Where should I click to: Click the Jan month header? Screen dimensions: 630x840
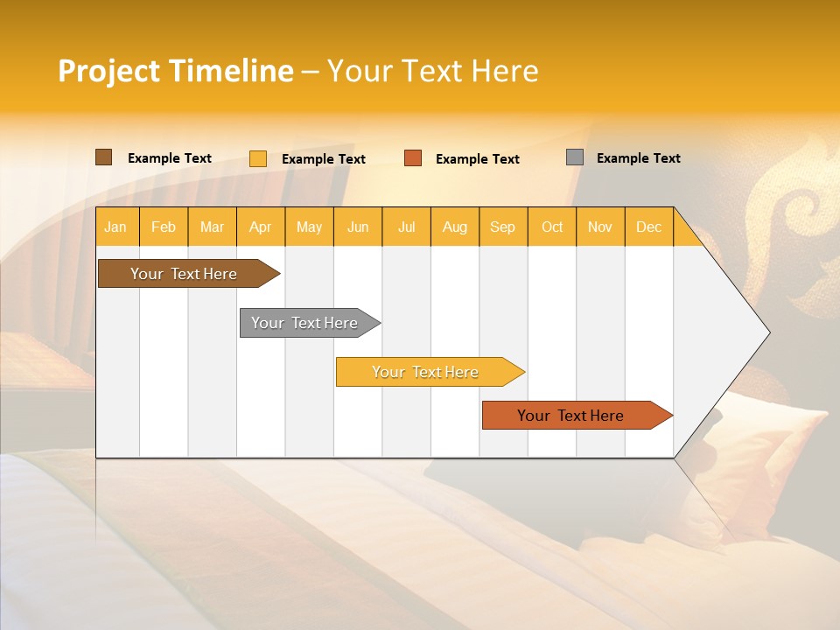tap(116, 227)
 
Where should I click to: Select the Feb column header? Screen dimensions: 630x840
tap(164, 227)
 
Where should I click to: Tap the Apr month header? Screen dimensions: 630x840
tap(261, 227)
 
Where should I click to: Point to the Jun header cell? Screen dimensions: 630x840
tap(358, 227)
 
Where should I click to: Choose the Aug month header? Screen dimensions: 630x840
tap(455, 227)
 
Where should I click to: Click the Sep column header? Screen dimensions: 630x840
tap(503, 227)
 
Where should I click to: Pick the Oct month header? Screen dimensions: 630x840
tap(552, 227)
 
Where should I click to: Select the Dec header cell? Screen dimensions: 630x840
tap(649, 227)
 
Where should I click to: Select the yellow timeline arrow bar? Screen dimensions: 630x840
tap(426, 372)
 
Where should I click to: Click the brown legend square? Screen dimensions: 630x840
tap(104, 157)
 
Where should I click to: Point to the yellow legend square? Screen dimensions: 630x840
tap(258, 158)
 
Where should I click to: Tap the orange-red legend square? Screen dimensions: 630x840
tap(413, 158)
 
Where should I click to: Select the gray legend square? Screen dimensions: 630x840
tap(575, 157)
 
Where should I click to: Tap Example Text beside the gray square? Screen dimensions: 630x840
tap(638, 158)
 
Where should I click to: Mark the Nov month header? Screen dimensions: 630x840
tap(600, 227)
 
